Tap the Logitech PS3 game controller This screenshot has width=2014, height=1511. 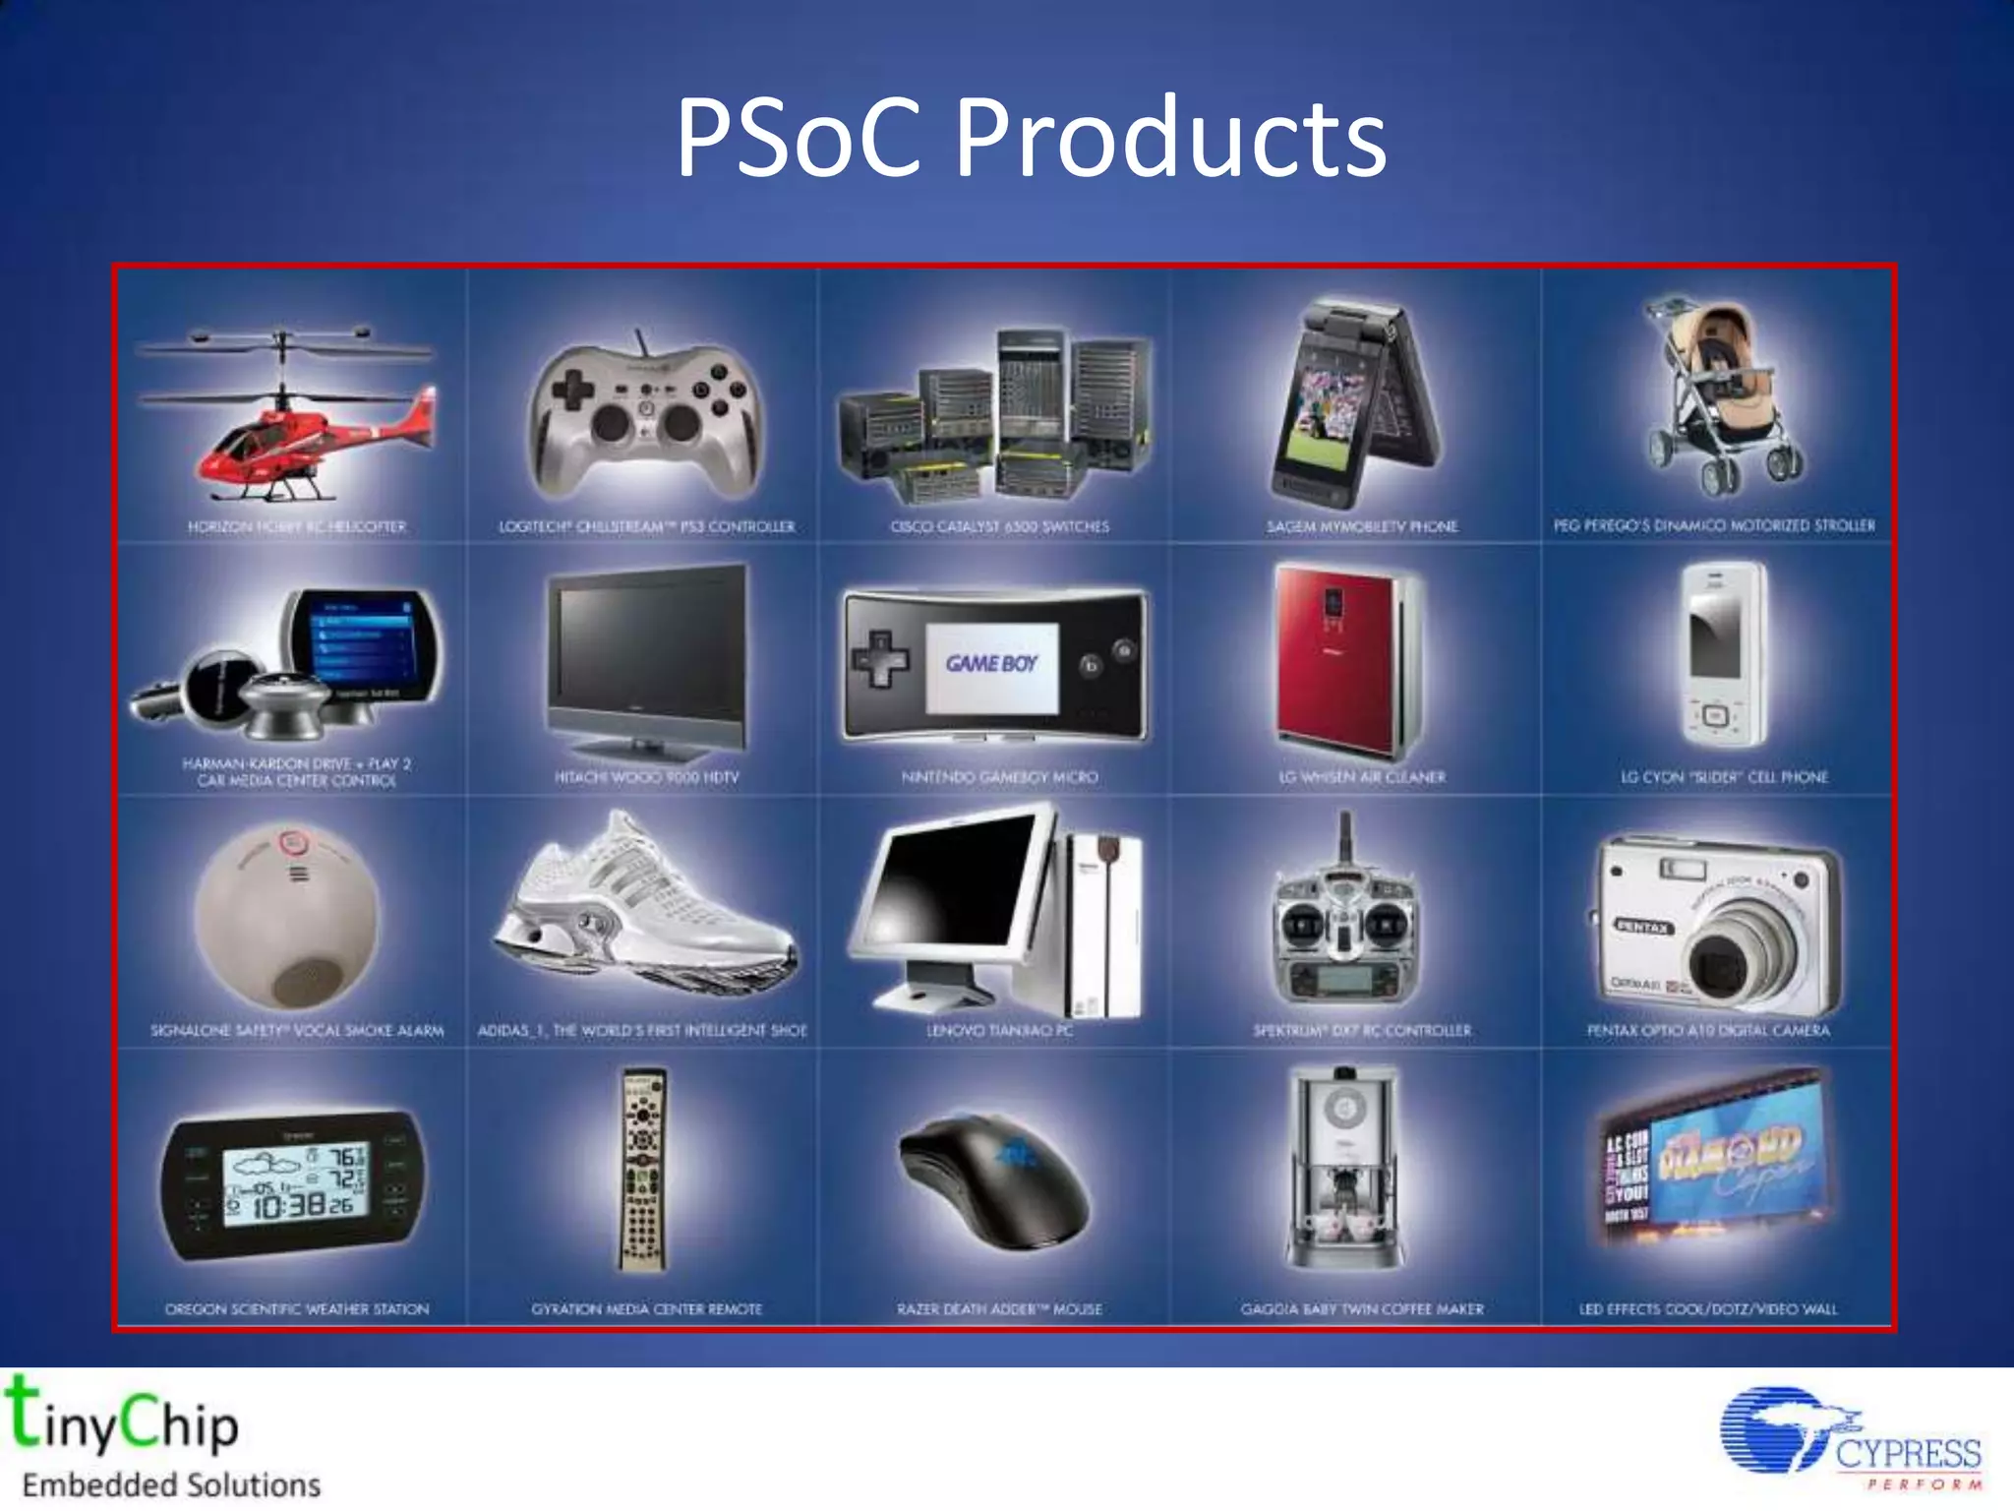tap(645, 418)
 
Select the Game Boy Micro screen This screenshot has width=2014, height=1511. tap(991, 666)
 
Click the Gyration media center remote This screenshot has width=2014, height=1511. tap(644, 1171)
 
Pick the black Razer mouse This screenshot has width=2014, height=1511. tap(993, 1180)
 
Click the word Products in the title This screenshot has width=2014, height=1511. tap(1170, 138)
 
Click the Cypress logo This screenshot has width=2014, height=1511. tap(1849, 1438)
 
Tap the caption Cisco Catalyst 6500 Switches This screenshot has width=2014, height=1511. tap(999, 527)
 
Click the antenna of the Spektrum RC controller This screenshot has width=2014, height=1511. tap(1345, 836)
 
